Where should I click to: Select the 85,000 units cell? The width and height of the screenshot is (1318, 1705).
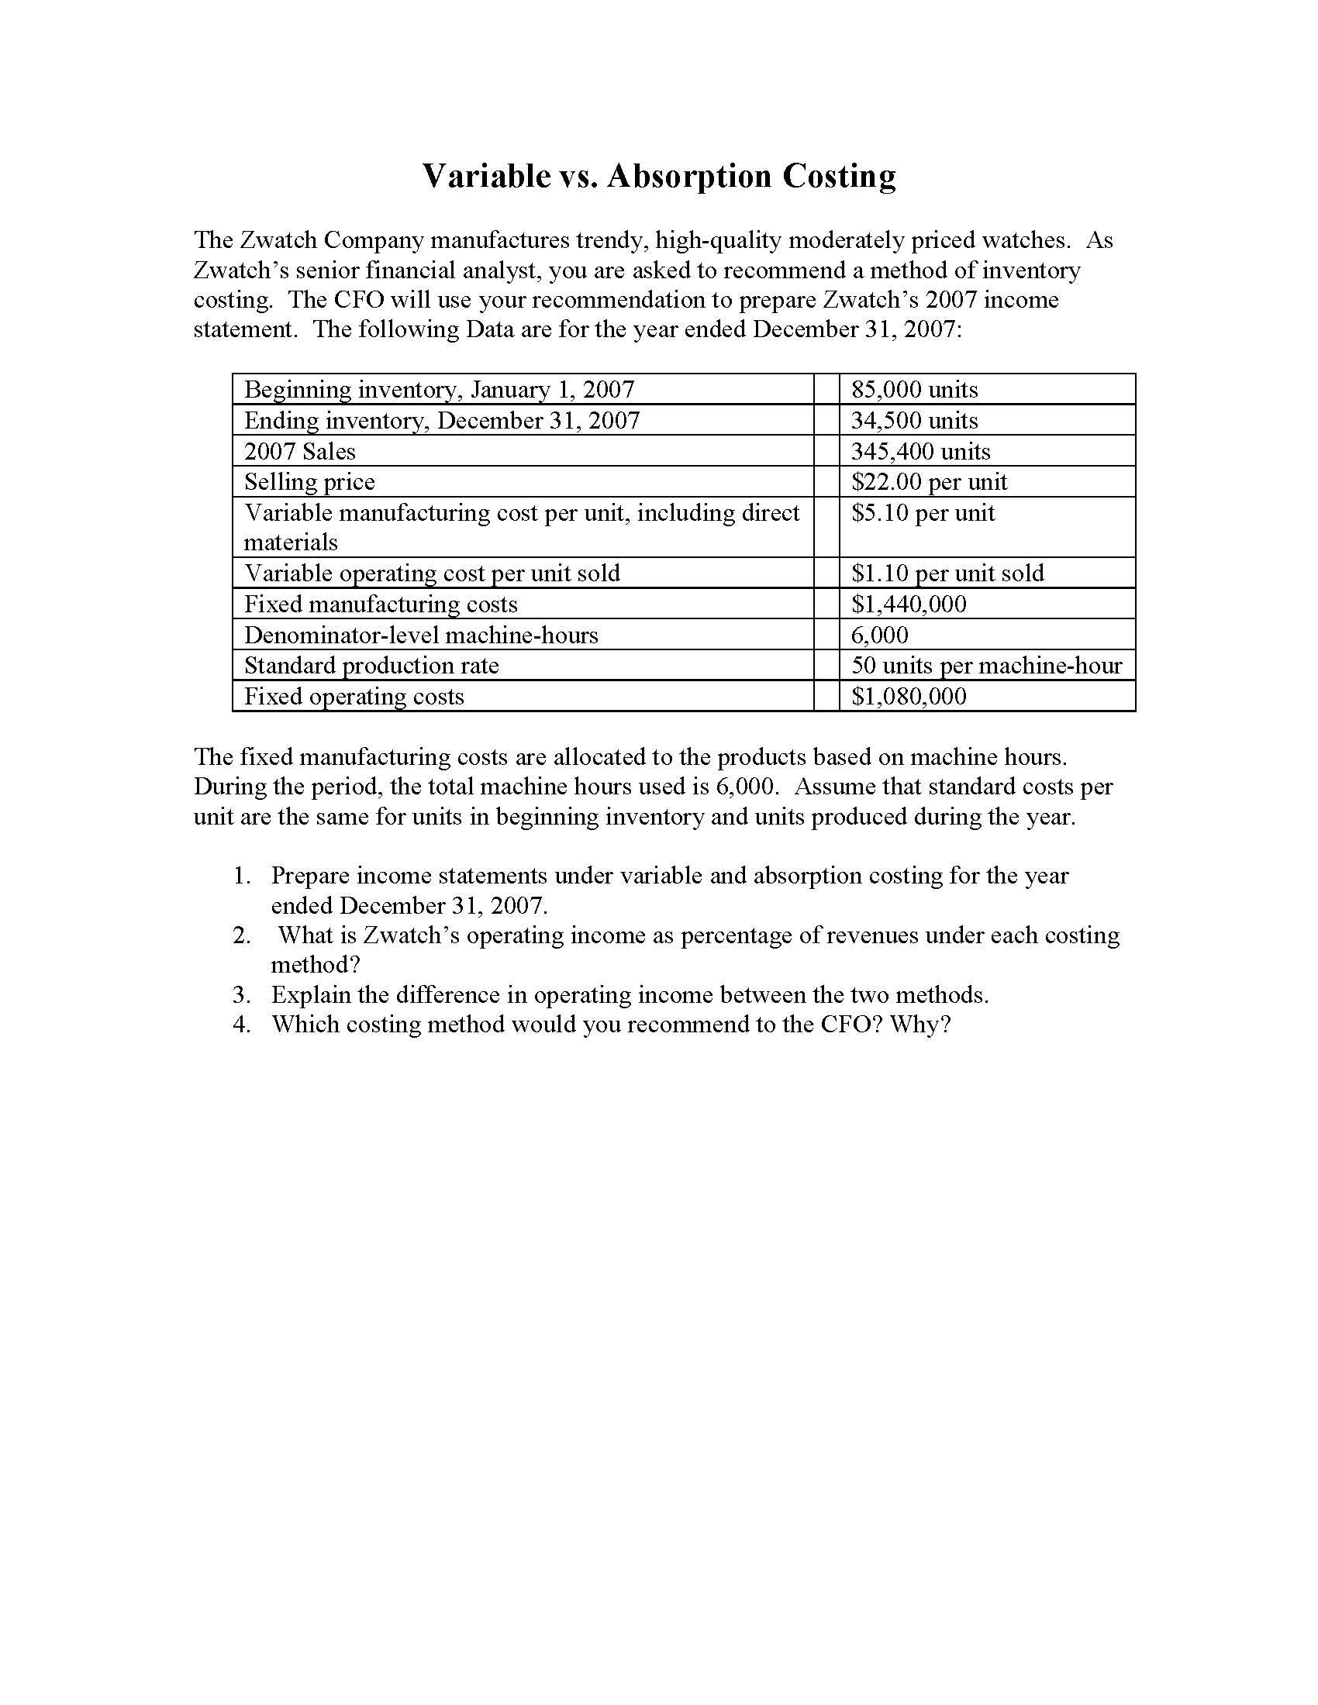click(x=913, y=390)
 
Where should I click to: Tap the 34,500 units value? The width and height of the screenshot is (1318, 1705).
click(x=913, y=421)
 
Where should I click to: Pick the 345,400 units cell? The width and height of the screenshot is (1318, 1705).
click(x=919, y=451)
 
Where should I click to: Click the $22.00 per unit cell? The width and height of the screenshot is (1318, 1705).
click(x=928, y=482)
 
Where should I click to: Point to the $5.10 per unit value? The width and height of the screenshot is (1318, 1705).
click(x=922, y=513)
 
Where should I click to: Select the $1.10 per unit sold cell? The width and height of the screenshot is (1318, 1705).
click(x=947, y=573)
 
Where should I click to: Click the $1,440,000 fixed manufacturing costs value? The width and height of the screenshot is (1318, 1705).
click(x=908, y=604)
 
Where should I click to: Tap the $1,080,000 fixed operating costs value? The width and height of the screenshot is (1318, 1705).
click(x=908, y=696)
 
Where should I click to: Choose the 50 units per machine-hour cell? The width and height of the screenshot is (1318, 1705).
click(x=985, y=665)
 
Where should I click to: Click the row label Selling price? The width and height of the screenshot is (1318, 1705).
click(x=309, y=482)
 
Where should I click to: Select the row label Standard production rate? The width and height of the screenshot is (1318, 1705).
click(x=371, y=665)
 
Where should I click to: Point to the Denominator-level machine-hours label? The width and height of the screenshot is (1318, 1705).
click(x=421, y=635)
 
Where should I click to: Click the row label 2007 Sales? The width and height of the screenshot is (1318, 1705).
click(x=299, y=451)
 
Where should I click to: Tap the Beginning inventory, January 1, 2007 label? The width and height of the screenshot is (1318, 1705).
click(x=439, y=390)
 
